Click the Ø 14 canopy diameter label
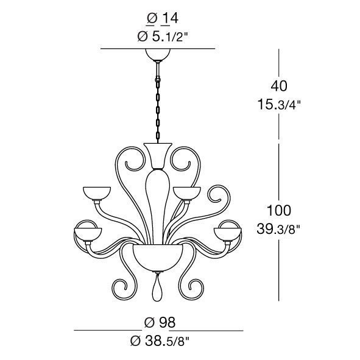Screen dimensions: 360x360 (x=162, y=18)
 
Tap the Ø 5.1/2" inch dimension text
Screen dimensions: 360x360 (x=163, y=36)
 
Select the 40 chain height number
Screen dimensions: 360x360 (x=279, y=86)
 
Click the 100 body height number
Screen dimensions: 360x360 (x=279, y=210)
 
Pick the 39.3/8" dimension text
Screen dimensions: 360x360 (x=278, y=229)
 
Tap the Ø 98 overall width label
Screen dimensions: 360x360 (x=160, y=322)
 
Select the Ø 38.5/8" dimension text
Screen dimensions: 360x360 (x=160, y=341)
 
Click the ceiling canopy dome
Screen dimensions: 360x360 (x=158, y=54)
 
